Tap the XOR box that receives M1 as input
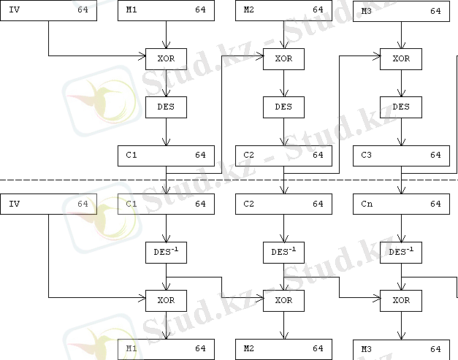167,58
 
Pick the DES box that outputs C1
167,107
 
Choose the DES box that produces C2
283,107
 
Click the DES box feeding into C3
400,107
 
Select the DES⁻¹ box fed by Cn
400,253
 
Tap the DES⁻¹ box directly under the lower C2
283,253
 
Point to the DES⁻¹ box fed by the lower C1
167,253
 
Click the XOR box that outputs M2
283,300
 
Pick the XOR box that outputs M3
400,300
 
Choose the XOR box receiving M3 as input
400,58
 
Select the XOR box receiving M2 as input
283,58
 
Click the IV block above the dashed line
48,10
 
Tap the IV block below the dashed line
48,204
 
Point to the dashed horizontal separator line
73,179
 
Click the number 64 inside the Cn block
435,204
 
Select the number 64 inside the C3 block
435,155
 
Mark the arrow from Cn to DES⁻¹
400,228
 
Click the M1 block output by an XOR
167,348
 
